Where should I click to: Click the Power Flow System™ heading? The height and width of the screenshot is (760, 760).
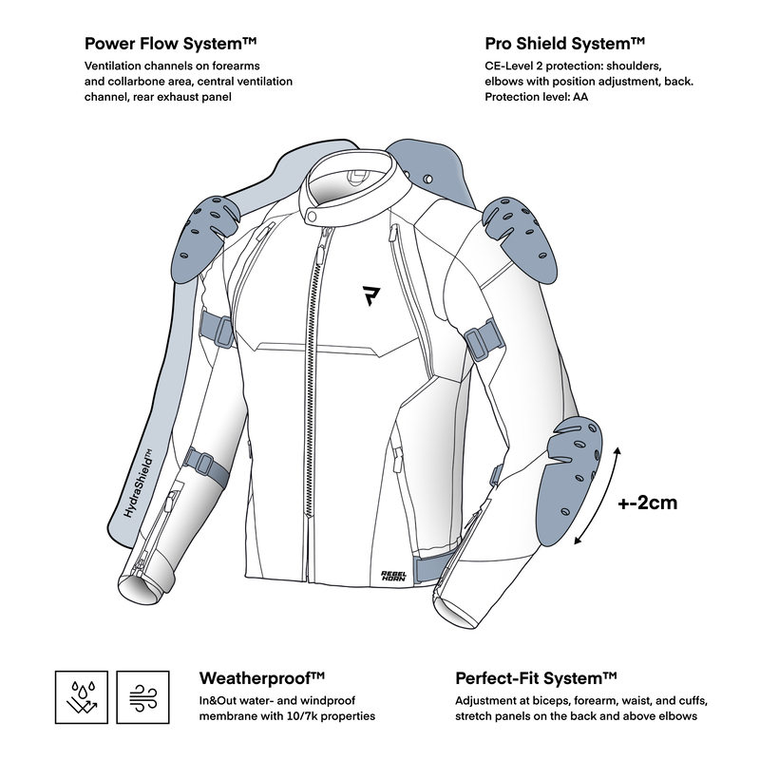point(170,44)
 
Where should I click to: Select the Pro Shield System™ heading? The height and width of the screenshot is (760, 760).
point(564,44)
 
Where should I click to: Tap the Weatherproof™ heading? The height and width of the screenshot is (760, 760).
point(262,678)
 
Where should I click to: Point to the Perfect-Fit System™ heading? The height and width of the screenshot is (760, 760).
point(536,678)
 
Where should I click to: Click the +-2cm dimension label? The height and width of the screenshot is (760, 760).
point(648,503)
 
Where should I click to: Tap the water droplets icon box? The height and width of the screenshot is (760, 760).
point(82,697)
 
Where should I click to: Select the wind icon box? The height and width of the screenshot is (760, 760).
point(143,697)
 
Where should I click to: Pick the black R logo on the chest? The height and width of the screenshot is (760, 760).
point(370,295)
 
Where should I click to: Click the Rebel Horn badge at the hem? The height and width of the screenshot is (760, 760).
point(393,575)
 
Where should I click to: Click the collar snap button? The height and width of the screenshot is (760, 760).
point(313,217)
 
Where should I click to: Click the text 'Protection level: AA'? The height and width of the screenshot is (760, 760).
point(537,97)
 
